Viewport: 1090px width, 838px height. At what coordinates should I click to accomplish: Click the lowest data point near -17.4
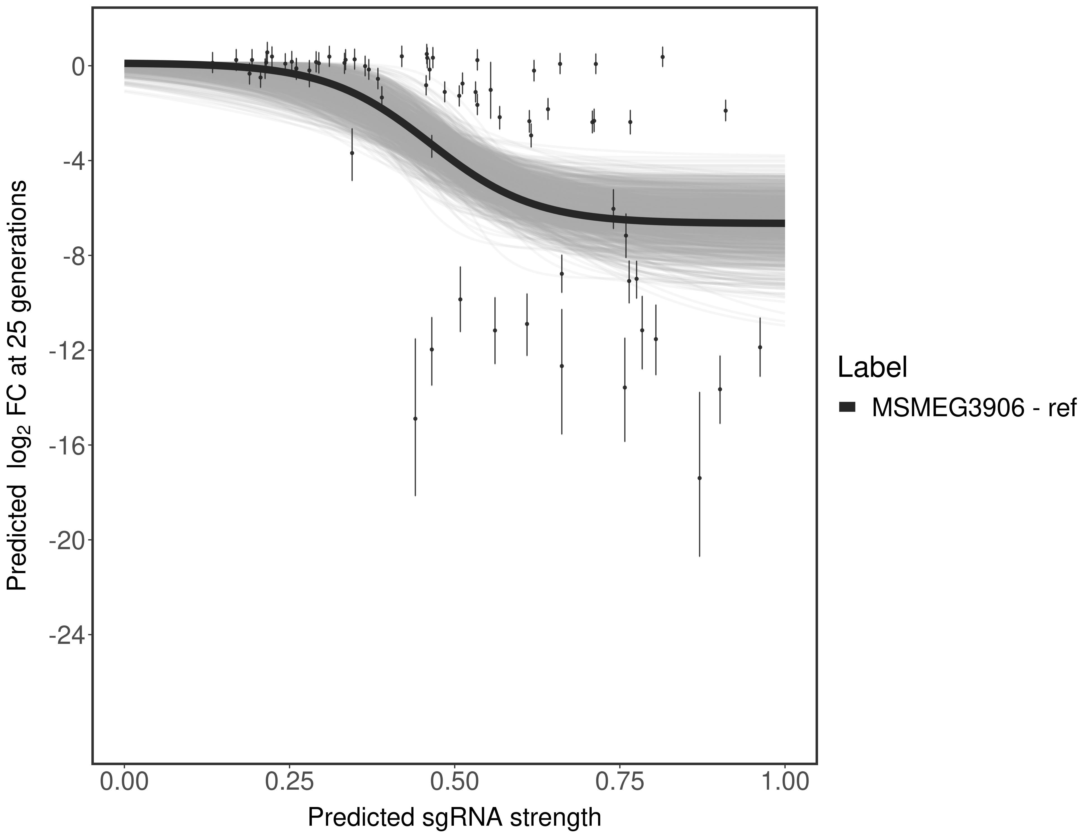pos(699,478)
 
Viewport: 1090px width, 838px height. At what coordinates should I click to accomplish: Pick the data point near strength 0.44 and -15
pos(415,418)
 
